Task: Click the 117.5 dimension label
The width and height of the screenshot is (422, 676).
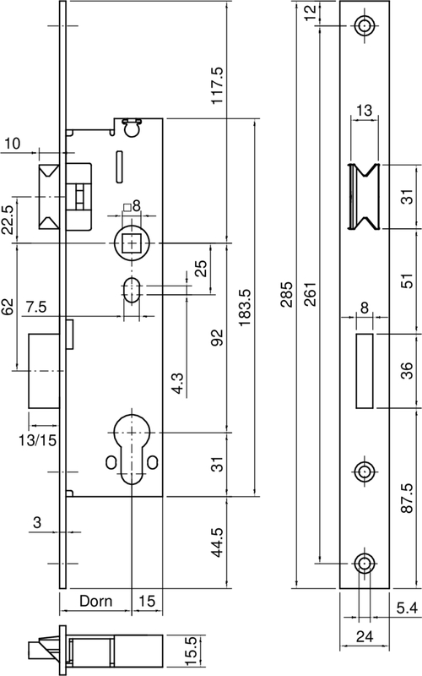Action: pyautogui.click(x=217, y=84)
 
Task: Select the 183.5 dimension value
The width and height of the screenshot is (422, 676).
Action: pyautogui.click(x=245, y=307)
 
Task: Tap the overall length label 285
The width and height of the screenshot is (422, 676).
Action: pyautogui.click(x=286, y=294)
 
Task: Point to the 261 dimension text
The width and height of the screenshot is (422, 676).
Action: pyautogui.click(x=311, y=294)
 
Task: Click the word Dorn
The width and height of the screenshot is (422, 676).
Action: pyautogui.click(x=95, y=601)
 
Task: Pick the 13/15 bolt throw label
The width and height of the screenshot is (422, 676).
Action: pyautogui.click(x=37, y=440)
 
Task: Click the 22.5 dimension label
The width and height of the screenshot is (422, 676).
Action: pyautogui.click(x=9, y=219)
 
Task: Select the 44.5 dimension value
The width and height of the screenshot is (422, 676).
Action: pyautogui.click(x=218, y=542)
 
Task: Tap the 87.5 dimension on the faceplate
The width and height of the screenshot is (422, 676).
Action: pyautogui.click(x=407, y=498)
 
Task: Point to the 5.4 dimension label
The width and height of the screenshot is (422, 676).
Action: pyautogui.click(x=407, y=608)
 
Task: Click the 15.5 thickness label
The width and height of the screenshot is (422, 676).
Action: pyautogui.click(x=192, y=651)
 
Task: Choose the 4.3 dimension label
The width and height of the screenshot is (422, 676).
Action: pyautogui.click(x=177, y=384)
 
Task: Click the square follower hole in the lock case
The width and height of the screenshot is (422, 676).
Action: pyautogui.click(x=131, y=243)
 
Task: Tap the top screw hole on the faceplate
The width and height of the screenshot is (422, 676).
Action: pyautogui.click(x=365, y=26)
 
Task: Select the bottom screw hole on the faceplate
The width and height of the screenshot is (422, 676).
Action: pyautogui.click(x=365, y=563)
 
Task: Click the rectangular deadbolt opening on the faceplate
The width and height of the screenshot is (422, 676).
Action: pyautogui.click(x=365, y=371)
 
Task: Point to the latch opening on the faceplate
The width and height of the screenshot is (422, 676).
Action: pyautogui.click(x=365, y=197)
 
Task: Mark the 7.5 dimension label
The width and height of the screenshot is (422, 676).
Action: pyautogui.click(x=35, y=308)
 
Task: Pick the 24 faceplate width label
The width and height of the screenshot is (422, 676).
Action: pyautogui.click(x=365, y=636)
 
